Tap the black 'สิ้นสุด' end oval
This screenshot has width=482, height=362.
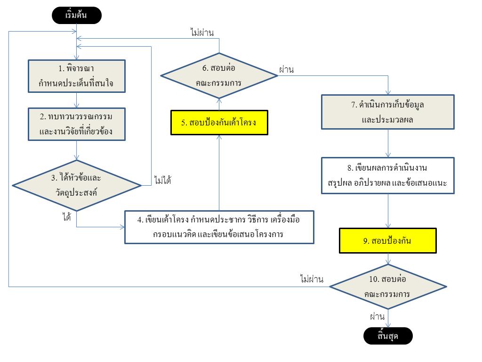click(x=388, y=336)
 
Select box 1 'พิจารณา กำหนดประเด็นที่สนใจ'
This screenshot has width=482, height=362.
click(x=76, y=75)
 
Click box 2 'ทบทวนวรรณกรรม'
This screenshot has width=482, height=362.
click(x=76, y=124)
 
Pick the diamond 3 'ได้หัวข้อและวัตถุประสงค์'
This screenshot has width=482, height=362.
click(x=76, y=185)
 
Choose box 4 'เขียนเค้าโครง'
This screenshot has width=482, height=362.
click(x=219, y=227)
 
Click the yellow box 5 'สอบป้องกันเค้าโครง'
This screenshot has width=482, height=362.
click(x=219, y=123)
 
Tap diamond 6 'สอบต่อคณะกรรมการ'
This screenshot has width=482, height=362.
click(x=219, y=75)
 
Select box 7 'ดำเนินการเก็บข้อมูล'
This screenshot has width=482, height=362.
click(x=387, y=112)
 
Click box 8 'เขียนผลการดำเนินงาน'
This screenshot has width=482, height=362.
click(x=387, y=175)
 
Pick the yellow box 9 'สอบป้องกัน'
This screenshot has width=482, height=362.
click(x=387, y=241)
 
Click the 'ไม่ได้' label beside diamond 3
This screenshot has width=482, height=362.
click(x=162, y=180)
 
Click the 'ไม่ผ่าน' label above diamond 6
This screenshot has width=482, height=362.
click(x=202, y=33)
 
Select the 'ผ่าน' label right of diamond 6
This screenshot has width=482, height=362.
click(x=286, y=70)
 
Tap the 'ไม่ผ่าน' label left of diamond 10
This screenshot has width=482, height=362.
click(x=312, y=279)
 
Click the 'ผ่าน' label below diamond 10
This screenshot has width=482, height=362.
click(x=377, y=316)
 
